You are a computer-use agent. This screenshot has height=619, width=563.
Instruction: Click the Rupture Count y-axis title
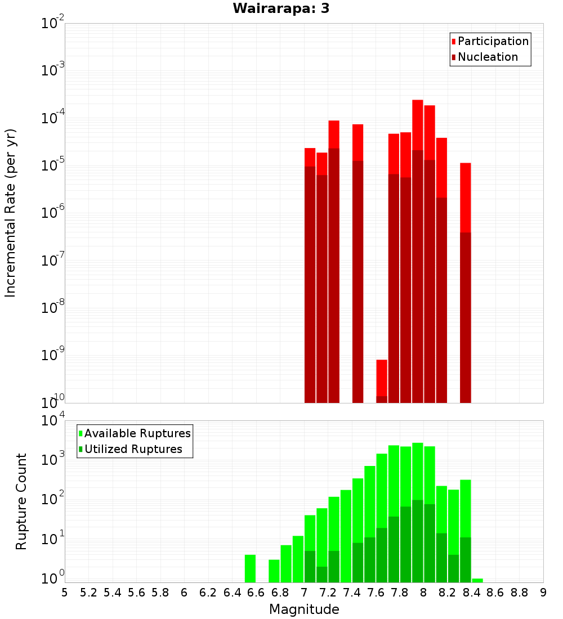pos(21,501)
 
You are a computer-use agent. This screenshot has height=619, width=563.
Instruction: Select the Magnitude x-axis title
pos(304,609)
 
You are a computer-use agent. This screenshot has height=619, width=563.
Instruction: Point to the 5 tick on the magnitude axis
pos(65,593)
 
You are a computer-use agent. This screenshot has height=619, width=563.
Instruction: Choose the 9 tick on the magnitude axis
pos(543,593)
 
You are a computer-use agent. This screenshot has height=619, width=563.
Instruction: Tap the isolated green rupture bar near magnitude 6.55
pos(250,568)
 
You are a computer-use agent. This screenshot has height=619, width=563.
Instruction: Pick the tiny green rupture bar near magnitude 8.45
pos(477,580)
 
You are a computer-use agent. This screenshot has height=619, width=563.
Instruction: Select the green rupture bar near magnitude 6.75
pos(274,571)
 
